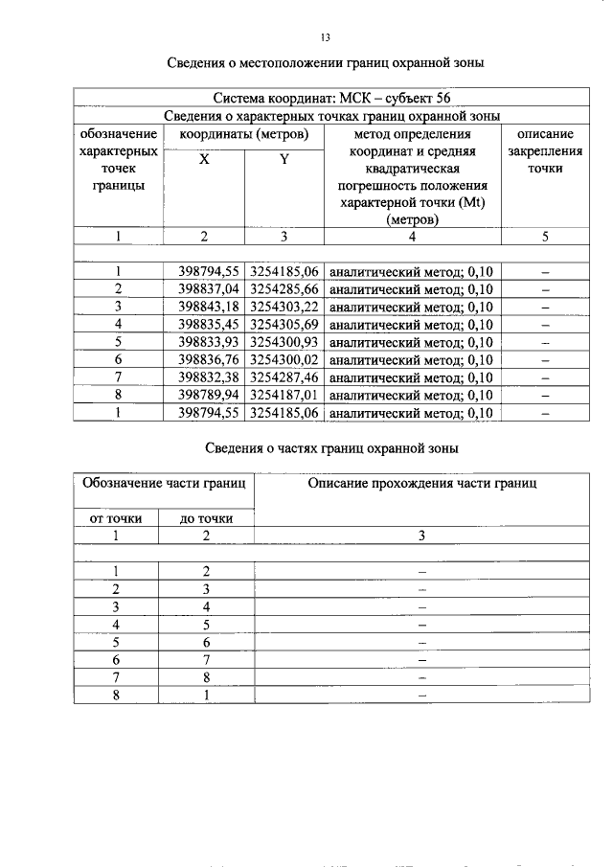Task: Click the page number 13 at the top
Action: pos(325,37)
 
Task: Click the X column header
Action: pos(204,160)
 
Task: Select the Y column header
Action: pos(284,160)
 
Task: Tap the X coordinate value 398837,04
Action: pos(205,289)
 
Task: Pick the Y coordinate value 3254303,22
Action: pos(285,307)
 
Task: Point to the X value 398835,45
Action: pos(205,325)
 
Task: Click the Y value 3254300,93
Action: pos(285,342)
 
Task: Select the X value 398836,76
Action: pos(205,359)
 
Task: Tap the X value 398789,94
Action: pos(205,395)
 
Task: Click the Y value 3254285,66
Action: pos(285,289)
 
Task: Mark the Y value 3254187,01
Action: pos(285,395)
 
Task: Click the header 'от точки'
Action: pos(115,518)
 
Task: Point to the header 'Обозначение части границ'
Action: pos(164,484)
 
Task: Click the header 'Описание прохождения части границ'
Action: pos(422,484)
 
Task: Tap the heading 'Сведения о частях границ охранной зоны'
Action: pos(332,447)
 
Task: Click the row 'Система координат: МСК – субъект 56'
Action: pos(331,98)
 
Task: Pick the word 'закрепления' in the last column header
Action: pos(545,151)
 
